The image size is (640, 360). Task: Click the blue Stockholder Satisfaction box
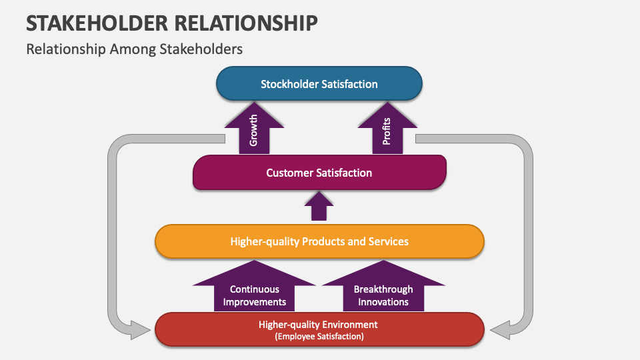coord(319,84)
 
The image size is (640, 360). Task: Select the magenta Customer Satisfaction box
coord(319,173)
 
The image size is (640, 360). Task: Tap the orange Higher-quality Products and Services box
coord(319,241)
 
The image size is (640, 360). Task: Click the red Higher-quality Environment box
coord(319,329)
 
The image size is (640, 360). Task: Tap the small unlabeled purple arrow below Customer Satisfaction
coord(319,207)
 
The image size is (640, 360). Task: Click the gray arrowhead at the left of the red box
coord(140,329)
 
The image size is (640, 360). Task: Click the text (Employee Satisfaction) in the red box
coord(319,337)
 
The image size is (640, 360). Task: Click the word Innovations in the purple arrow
coord(383,301)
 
